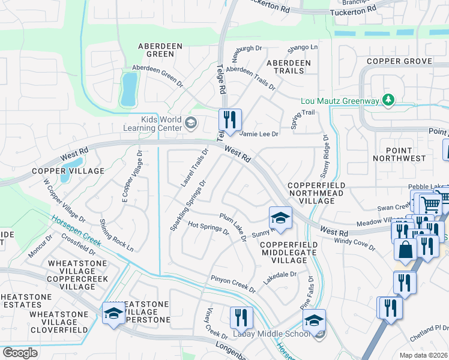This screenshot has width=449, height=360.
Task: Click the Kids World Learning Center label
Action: pyautogui.click(x=153, y=124)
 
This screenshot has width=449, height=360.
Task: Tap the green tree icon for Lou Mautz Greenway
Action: pyautogui.click(x=389, y=100)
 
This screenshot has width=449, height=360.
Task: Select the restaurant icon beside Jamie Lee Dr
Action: pyautogui.click(x=230, y=119)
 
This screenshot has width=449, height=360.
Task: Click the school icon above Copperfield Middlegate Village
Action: pyautogui.click(x=280, y=217)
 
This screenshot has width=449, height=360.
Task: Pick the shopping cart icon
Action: pyautogui.click(x=430, y=204)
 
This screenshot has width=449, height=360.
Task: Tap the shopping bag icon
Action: pyautogui.click(x=406, y=248)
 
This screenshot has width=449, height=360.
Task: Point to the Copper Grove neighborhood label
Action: pyautogui.click(x=400, y=61)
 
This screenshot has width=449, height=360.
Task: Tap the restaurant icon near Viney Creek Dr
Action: pyautogui.click(x=241, y=317)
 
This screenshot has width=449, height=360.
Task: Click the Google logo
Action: pyautogui.click(x=20, y=353)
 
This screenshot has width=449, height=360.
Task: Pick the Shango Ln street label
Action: pyautogui.click(x=303, y=47)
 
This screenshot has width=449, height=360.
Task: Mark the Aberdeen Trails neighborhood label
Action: pyautogui.click(x=289, y=67)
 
